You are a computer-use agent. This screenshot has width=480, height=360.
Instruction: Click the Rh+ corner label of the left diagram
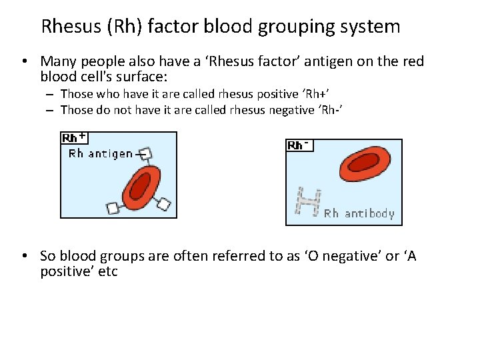pyautogui.click(x=73, y=138)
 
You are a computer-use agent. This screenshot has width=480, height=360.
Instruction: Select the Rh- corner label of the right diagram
pyautogui.click(x=298, y=145)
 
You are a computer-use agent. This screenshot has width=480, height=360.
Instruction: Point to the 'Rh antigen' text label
pyautogui.click(x=101, y=154)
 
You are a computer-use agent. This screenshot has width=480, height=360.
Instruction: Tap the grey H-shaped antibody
pyautogui.click(x=308, y=203)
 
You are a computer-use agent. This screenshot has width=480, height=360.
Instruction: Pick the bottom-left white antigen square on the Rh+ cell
pyautogui.click(x=114, y=209)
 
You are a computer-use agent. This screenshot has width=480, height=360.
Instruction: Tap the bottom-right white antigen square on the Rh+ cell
pyautogui.click(x=165, y=205)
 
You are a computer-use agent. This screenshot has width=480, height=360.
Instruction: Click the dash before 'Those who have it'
pyautogui.click(x=51, y=95)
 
